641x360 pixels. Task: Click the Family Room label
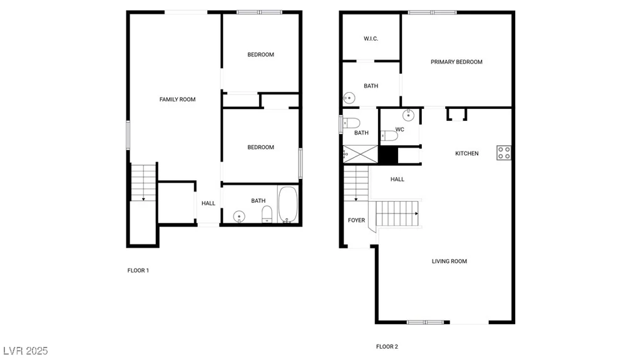177,100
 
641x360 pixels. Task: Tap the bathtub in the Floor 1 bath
289,205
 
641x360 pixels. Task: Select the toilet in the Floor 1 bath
267,214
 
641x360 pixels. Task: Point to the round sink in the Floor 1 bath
239,216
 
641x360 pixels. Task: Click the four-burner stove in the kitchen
504,153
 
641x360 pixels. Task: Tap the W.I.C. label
371,39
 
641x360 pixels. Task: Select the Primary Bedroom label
456,62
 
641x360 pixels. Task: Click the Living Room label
449,261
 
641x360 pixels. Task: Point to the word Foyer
356,220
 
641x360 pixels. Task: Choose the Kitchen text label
467,153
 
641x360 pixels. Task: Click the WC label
400,129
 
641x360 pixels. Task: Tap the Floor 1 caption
138,270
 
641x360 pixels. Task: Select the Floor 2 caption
387,346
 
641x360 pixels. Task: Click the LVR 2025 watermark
25,351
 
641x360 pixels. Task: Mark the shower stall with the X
361,154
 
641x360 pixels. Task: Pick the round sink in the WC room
408,115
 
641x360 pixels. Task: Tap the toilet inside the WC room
389,136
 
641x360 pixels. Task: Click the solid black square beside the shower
388,155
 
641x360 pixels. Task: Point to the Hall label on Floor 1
208,203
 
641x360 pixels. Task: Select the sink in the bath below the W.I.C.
349,98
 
